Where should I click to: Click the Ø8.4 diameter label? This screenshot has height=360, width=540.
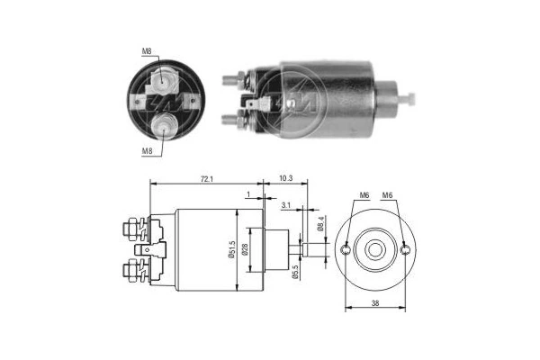[320, 224]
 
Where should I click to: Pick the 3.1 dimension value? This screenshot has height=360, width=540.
[285, 207]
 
